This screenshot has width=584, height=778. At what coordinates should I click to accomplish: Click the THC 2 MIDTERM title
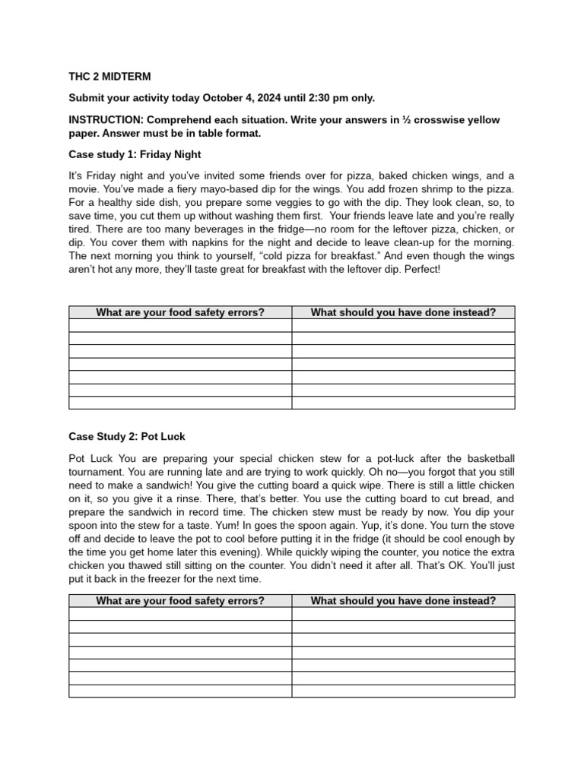tap(109, 77)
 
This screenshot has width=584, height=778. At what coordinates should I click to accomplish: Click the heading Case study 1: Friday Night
tap(135, 154)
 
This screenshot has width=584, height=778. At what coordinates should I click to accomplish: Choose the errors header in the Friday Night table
tap(180, 312)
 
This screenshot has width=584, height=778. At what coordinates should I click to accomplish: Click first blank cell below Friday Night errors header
tap(180, 325)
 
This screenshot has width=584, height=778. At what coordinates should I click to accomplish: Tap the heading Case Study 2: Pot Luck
tap(127, 437)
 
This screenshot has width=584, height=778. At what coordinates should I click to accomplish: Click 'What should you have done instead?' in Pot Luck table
tap(403, 601)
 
